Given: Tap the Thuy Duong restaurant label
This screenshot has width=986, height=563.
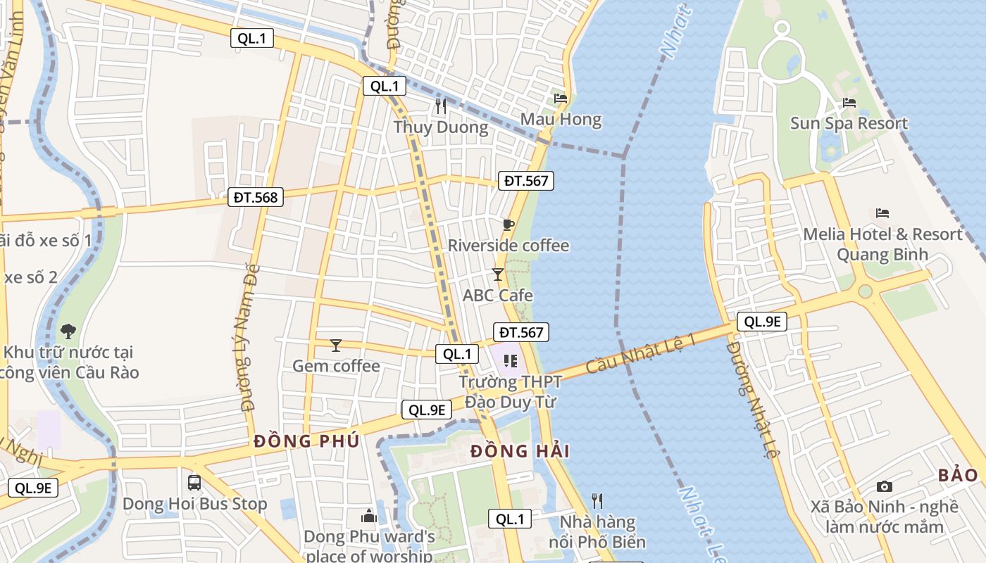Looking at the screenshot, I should (x=441, y=127).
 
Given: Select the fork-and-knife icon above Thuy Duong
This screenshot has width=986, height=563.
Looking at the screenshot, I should (x=441, y=106).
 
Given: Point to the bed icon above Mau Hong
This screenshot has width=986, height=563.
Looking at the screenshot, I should (x=561, y=99).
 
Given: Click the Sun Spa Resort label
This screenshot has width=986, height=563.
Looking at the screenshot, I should (x=849, y=124).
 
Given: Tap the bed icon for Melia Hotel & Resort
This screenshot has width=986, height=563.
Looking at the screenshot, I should (x=882, y=213).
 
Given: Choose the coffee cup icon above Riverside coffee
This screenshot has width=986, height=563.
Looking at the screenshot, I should (x=508, y=224).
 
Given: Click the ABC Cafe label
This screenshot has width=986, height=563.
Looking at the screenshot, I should (x=497, y=296).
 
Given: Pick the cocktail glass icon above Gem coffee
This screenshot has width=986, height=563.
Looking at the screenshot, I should (x=336, y=345).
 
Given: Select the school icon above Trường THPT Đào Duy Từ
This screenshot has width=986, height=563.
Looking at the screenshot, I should (x=511, y=361).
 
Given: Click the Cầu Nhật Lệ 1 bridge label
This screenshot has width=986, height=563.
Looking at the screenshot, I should (x=641, y=353).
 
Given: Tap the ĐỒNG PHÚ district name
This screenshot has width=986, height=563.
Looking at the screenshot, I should (x=306, y=441).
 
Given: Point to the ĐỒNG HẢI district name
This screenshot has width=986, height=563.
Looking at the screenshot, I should (x=520, y=451).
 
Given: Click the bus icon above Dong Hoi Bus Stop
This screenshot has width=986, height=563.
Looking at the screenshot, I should (x=194, y=483).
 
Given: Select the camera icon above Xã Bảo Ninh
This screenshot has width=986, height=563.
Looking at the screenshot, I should (x=885, y=486).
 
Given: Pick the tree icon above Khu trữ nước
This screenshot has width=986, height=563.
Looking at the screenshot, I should (x=68, y=331).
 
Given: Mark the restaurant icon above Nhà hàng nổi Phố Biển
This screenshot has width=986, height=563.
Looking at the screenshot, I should (x=597, y=500).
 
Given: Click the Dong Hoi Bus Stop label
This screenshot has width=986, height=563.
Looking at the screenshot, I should (x=194, y=505).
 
